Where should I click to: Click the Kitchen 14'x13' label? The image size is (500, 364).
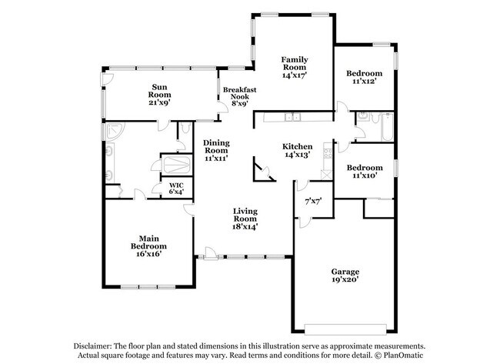pos(296,152)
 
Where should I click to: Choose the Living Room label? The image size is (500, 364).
pos(245,219)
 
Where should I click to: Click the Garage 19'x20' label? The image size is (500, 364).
pos(345,276)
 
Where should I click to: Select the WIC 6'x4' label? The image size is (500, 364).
pos(177,189)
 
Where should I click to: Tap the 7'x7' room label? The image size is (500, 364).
pos(312,202)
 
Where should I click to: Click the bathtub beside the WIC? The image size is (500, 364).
pos(177,165)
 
